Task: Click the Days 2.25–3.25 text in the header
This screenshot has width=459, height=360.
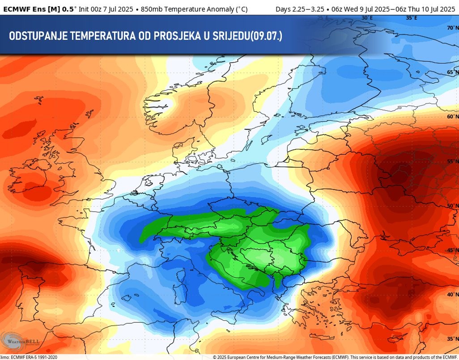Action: tap(300, 8)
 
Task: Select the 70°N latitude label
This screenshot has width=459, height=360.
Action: tap(452, 28)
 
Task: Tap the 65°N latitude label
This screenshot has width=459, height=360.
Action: tap(452, 72)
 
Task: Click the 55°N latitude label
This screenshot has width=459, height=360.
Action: tap(452, 161)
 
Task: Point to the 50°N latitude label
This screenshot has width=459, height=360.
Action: tap(452, 206)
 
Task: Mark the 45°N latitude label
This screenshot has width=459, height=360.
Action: tap(452, 250)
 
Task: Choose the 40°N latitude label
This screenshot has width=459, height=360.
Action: tap(452, 294)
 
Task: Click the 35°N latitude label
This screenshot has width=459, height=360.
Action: tap(452, 339)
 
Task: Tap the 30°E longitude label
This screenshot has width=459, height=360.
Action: tap(367, 18)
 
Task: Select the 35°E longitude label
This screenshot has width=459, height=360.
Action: tap(412, 18)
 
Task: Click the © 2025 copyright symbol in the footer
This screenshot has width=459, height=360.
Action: tap(215, 357)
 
